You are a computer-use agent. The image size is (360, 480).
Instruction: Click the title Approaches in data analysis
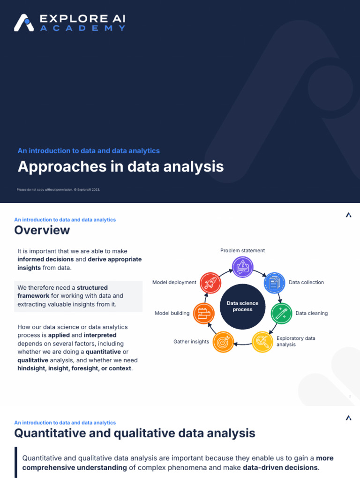pos(120,166)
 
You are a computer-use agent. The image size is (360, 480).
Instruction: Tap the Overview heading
pos(42,230)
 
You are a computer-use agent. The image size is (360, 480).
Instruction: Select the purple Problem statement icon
pos(243,267)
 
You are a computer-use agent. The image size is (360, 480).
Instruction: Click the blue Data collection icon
pos(275,283)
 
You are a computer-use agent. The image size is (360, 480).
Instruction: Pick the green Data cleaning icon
pos(281,313)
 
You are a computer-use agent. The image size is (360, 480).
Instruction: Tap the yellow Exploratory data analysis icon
pos(262,342)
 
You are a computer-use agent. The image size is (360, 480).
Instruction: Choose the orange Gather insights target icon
pos(223,342)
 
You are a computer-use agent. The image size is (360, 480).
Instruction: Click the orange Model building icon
pos(204,313)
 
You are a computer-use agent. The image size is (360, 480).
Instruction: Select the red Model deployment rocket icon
pos(210,283)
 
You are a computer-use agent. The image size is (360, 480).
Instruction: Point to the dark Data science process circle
pos(242,306)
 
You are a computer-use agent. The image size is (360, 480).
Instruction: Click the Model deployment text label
pos(174,283)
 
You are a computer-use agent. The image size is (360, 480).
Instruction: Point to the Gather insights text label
pos(191,342)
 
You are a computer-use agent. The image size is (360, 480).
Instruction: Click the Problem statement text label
pos(243,251)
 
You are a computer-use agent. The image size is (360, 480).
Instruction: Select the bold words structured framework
pos(63,292)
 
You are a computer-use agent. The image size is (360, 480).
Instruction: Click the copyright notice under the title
pos(59,189)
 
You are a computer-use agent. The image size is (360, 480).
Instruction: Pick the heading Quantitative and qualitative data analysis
pos(135,433)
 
